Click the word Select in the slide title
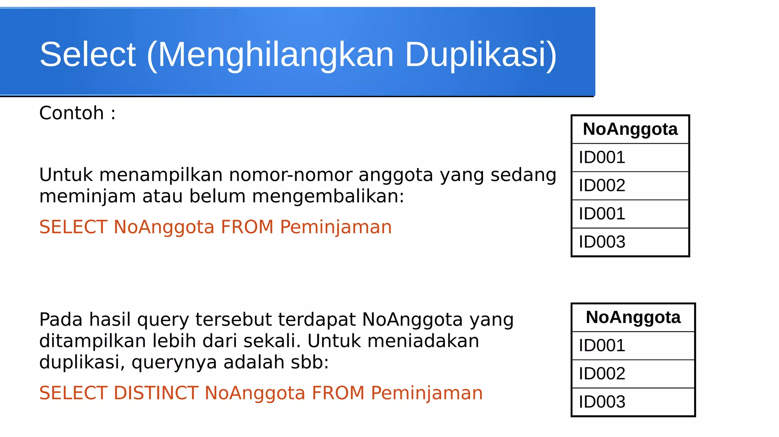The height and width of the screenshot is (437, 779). pos(87,55)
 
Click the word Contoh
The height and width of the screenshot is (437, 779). pos(72,113)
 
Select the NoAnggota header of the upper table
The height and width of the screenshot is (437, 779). pos(630,129)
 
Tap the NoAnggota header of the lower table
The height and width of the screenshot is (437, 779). pos(633,317)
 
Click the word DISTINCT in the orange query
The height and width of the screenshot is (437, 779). pos(156,393)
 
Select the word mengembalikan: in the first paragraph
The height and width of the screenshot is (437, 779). pos(328,197)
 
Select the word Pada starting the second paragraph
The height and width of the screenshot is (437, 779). pos(61,320)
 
